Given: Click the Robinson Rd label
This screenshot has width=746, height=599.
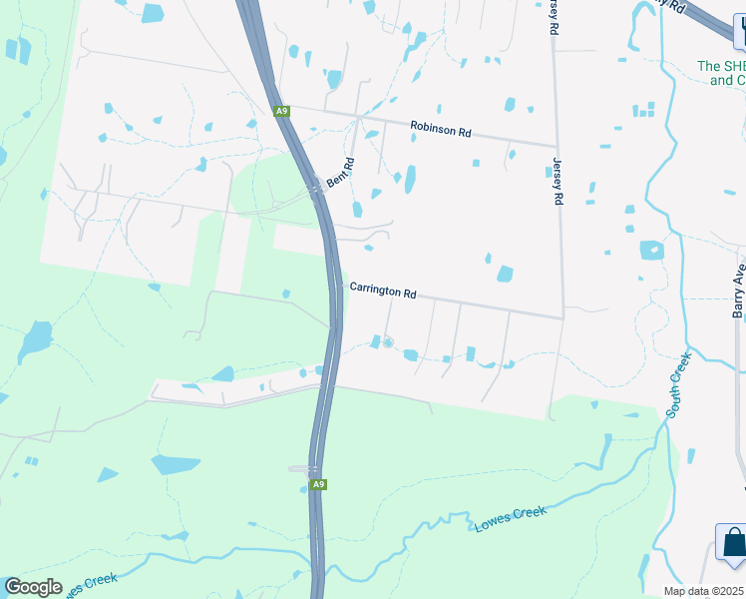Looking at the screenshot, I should [x=440, y=130].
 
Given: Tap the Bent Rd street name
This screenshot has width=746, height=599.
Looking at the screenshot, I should [x=341, y=176].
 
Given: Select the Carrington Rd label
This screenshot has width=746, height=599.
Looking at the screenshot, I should [x=383, y=292].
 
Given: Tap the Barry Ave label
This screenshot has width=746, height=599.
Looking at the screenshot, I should [x=739, y=290].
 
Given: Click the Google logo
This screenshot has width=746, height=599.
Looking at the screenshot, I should [x=33, y=586].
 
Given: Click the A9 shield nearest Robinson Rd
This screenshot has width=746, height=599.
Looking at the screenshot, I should [x=282, y=111].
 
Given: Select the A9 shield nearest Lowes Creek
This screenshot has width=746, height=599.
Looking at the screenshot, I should [x=318, y=485].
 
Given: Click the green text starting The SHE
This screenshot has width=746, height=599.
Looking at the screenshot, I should [x=721, y=72].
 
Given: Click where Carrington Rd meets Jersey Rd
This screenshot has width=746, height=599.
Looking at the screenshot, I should [x=563, y=317].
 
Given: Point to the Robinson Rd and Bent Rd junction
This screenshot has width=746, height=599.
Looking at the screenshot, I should [x=359, y=119].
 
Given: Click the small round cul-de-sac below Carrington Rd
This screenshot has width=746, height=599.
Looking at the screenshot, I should [x=388, y=343].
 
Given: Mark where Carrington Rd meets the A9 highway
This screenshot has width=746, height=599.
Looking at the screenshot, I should [x=337, y=284].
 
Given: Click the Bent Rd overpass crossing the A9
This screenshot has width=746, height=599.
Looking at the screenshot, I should [x=316, y=186].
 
